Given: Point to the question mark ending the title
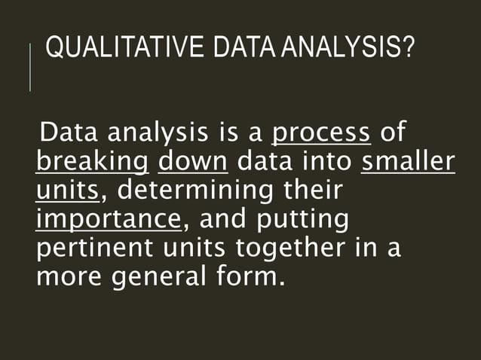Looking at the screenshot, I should pyautogui.click(x=407, y=51).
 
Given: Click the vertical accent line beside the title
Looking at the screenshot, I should pyautogui.click(x=30, y=68).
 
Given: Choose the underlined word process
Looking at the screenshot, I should pyautogui.click(x=320, y=134).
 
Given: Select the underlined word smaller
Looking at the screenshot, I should pyautogui.click(x=408, y=162).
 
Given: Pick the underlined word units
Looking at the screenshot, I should pyautogui.click(x=67, y=191).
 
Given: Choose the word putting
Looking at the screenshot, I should pyautogui.click(x=303, y=219).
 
